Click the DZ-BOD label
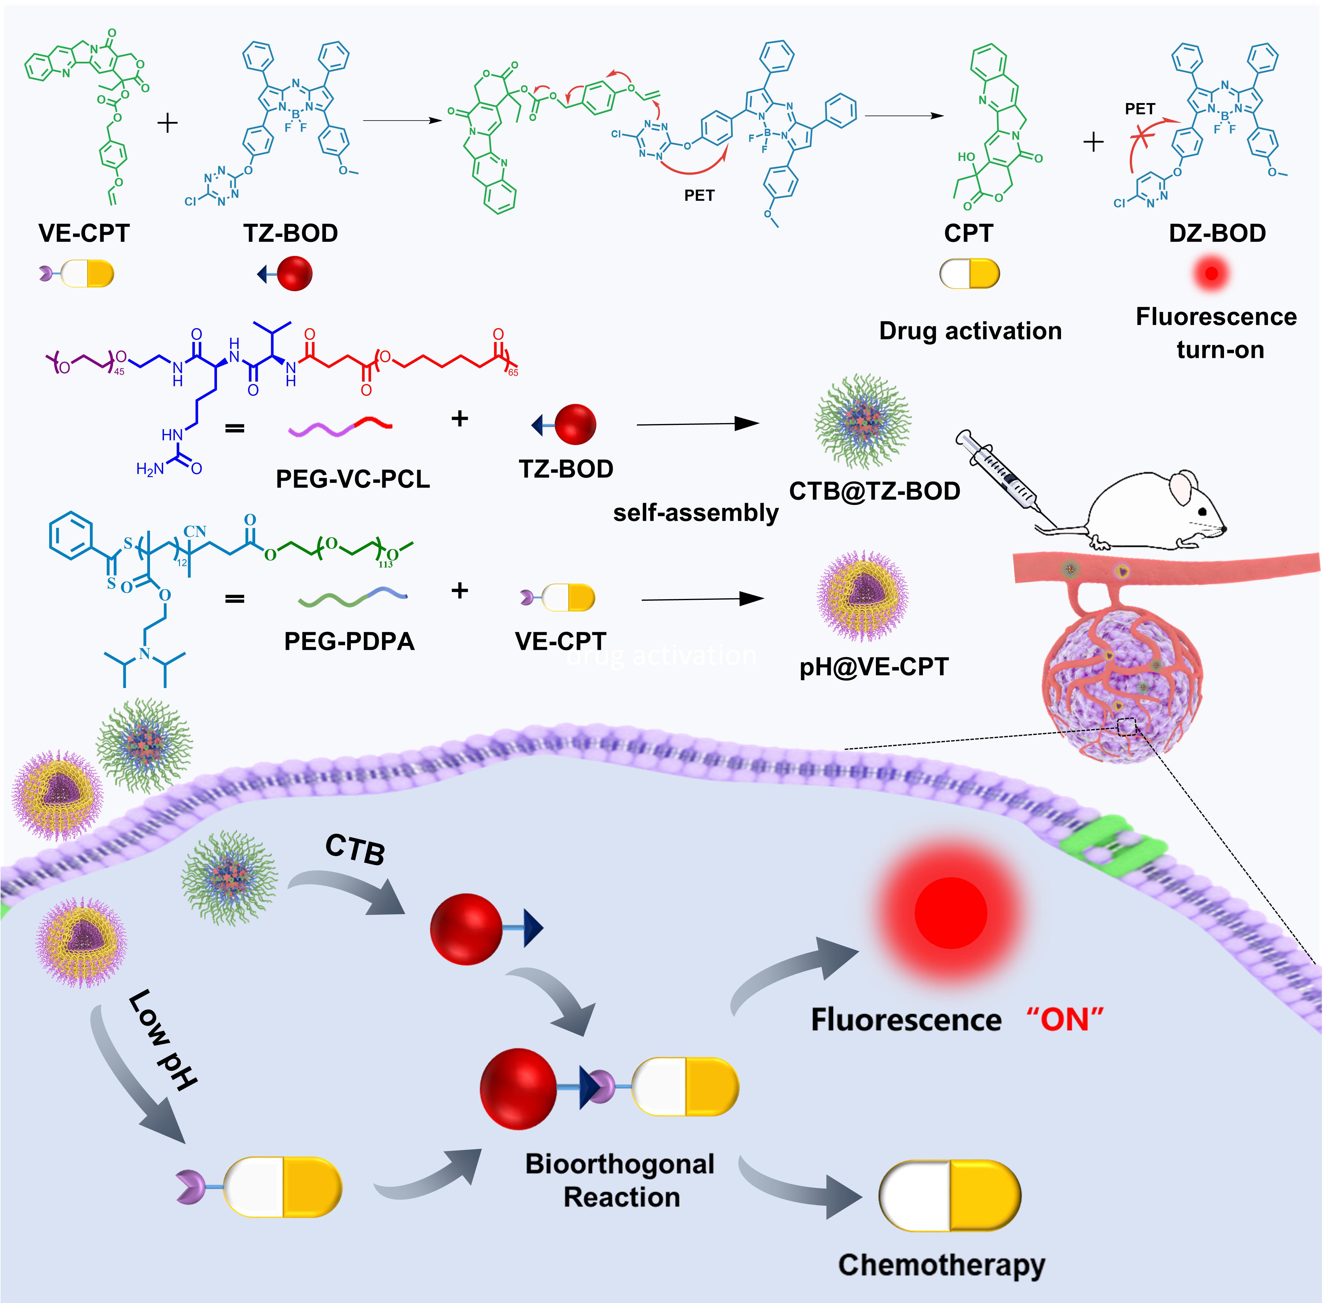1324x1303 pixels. click(1216, 233)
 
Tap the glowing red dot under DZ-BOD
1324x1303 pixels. click(1211, 274)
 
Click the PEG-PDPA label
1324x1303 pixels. click(349, 641)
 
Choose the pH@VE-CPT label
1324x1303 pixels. click(874, 667)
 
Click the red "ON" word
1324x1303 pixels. click(1065, 1020)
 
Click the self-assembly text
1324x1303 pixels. click(695, 513)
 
